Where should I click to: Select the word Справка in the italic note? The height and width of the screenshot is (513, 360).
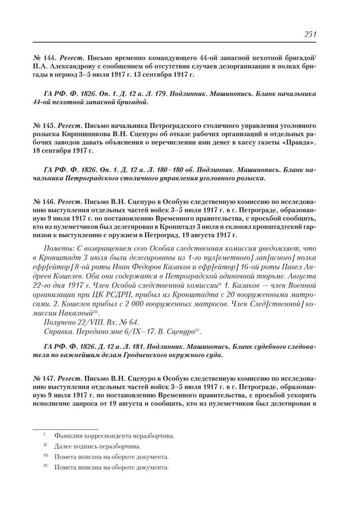58,332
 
